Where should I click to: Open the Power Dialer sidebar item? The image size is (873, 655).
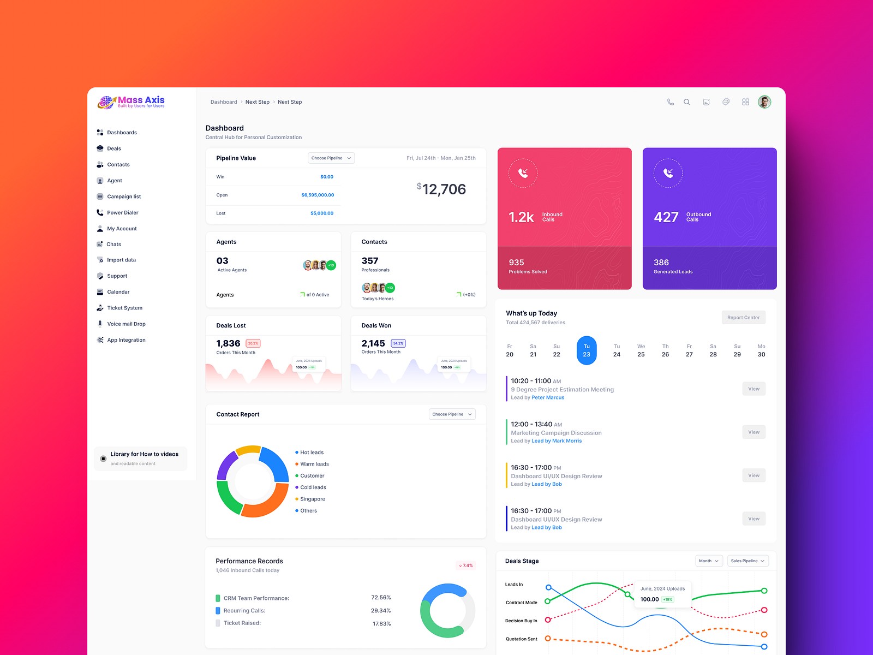(122, 212)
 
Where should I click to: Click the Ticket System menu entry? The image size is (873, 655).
(124, 308)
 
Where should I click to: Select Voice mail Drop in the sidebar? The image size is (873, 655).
(126, 324)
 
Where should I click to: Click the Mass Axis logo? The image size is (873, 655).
(131, 102)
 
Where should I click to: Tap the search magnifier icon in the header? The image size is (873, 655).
(687, 102)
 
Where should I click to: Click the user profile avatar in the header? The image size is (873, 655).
(764, 102)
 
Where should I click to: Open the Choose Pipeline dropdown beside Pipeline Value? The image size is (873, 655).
(331, 158)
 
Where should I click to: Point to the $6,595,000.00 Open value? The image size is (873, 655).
(318, 195)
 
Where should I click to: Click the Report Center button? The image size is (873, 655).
(743, 318)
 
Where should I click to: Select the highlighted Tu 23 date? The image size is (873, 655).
(587, 350)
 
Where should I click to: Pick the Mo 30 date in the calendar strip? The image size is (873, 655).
(761, 350)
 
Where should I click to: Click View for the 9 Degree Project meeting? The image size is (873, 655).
(754, 389)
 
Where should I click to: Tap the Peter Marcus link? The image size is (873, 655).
(548, 397)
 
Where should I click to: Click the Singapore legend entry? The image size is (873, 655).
(312, 499)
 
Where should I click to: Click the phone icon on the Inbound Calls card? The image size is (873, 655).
(523, 173)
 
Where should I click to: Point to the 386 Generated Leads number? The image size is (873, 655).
(661, 263)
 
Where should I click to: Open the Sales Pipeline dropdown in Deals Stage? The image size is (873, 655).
(748, 561)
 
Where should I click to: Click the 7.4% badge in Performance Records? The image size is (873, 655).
(466, 565)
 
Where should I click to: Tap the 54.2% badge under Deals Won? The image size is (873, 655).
(398, 343)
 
